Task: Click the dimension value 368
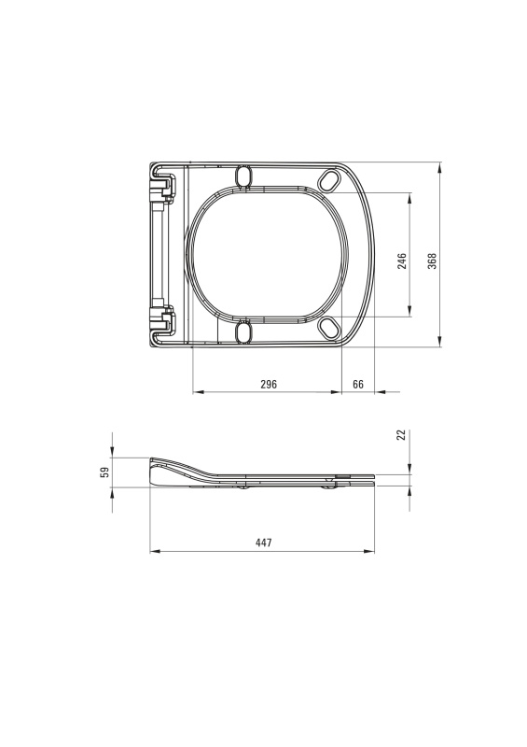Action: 432,261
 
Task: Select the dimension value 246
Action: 402,261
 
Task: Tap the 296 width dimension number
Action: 269,384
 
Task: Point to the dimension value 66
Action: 358,384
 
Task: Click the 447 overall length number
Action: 263,543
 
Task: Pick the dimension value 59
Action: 105,472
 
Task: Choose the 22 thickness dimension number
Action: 402,434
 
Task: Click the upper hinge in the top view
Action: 162,188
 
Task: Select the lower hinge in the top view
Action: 162,319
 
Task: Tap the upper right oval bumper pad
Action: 328,180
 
